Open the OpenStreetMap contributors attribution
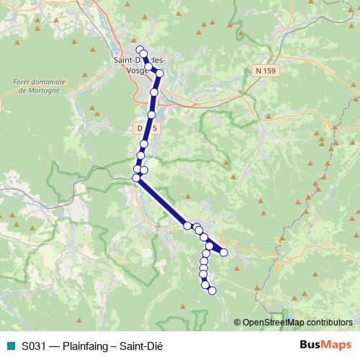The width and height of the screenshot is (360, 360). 297,322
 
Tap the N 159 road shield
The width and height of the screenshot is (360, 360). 264,70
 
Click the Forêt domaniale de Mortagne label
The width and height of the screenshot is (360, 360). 39,86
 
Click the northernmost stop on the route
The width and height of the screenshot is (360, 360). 140,50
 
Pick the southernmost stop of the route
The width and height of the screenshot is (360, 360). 212,290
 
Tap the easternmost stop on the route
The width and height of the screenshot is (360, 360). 224,252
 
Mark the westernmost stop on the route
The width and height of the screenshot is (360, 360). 136,177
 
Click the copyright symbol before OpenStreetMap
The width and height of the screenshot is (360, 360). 238,322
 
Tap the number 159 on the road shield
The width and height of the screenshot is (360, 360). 269,70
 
